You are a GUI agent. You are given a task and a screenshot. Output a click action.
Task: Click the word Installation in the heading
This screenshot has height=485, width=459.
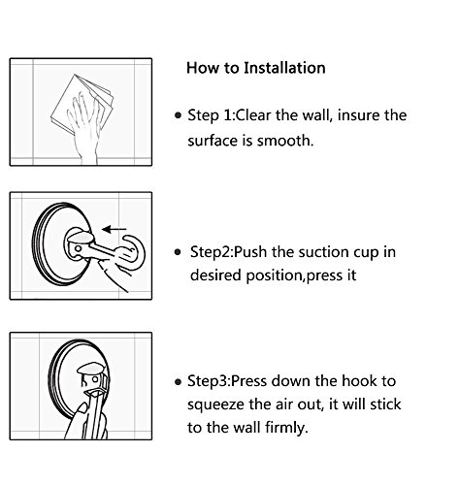tap(284, 68)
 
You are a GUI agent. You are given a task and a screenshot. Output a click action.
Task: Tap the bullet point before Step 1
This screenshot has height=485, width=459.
tap(178, 115)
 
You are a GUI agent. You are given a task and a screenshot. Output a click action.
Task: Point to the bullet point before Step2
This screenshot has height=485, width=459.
tap(178, 252)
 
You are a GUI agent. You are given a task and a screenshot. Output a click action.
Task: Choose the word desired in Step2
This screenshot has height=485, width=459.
tap(215, 275)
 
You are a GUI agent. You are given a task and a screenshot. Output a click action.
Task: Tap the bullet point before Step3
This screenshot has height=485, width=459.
tap(178, 382)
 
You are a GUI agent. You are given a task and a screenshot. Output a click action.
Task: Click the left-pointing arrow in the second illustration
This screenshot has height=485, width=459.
tap(115, 229)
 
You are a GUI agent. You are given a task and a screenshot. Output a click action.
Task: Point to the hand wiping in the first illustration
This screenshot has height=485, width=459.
tap(84, 129)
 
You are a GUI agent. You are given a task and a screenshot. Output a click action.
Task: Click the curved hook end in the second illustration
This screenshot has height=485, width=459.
tap(134, 250)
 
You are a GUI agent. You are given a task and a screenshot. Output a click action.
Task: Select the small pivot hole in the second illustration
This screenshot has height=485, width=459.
tap(78, 249)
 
